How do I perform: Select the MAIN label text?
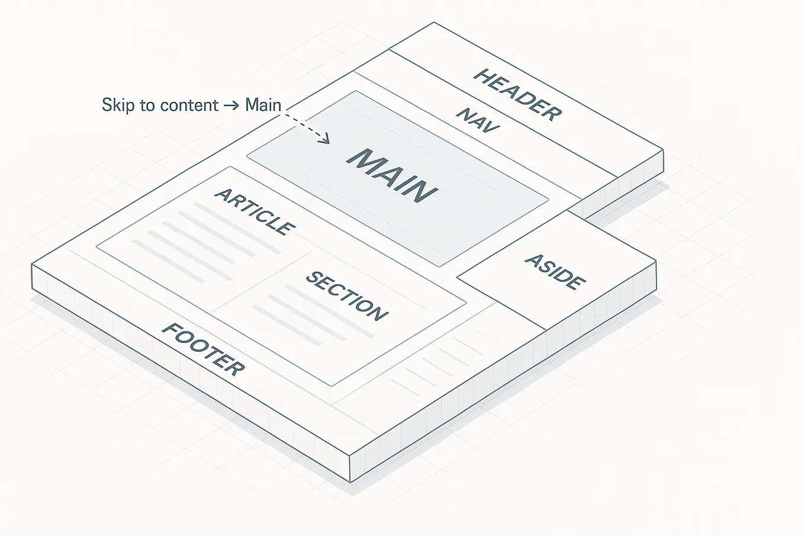coord(392,175)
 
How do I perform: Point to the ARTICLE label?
coord(255,211)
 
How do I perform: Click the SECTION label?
coord(347,296)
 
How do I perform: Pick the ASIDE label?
coord(555,271)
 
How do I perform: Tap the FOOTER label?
coord(203,349)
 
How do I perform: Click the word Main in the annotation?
coord(263,105)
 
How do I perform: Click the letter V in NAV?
coord(491,126)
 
